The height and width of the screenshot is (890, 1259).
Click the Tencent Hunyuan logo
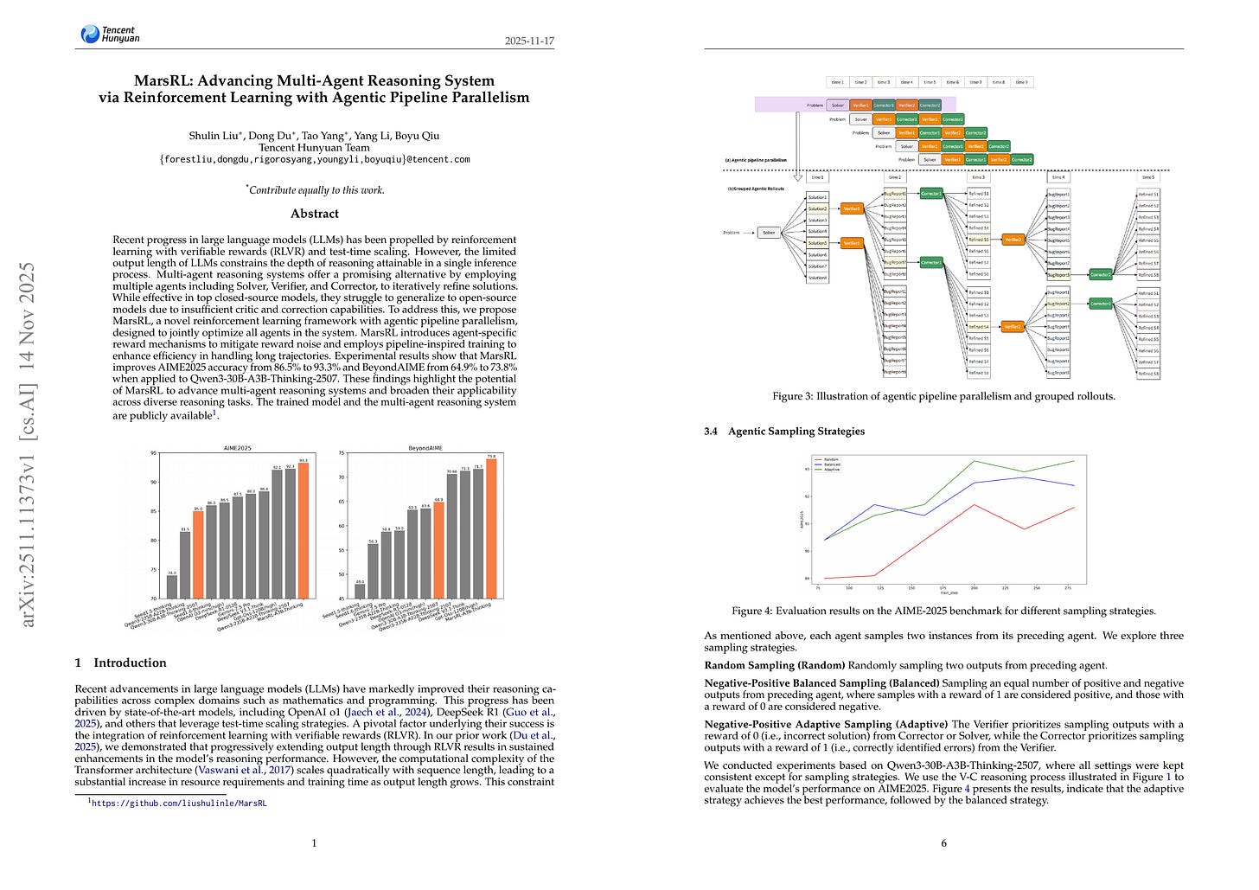coord(110,34)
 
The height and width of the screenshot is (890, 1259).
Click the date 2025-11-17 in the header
coord(528,41)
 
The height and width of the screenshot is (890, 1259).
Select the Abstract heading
coord(315,214)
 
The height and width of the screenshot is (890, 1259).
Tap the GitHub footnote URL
coord(179,803)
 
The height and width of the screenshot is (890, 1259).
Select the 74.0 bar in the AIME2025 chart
coord(172,586)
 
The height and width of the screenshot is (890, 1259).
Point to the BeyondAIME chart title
coord(425,448)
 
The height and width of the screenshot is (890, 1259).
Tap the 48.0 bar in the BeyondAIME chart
coord(360,591)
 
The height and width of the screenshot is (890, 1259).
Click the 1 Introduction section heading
coord(121,663)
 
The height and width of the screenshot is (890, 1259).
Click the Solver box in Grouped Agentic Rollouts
coord(769,232)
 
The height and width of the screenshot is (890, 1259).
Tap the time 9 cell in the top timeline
coord(1021,82)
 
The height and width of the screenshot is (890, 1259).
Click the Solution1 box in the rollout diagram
coord(817,197)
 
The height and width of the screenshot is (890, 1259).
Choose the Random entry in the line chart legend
coord(832,459)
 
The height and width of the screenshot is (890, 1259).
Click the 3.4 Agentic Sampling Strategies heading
coord(784,431)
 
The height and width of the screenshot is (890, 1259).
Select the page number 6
coord(943,843)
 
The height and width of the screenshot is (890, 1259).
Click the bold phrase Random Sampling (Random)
coord(775,665)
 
